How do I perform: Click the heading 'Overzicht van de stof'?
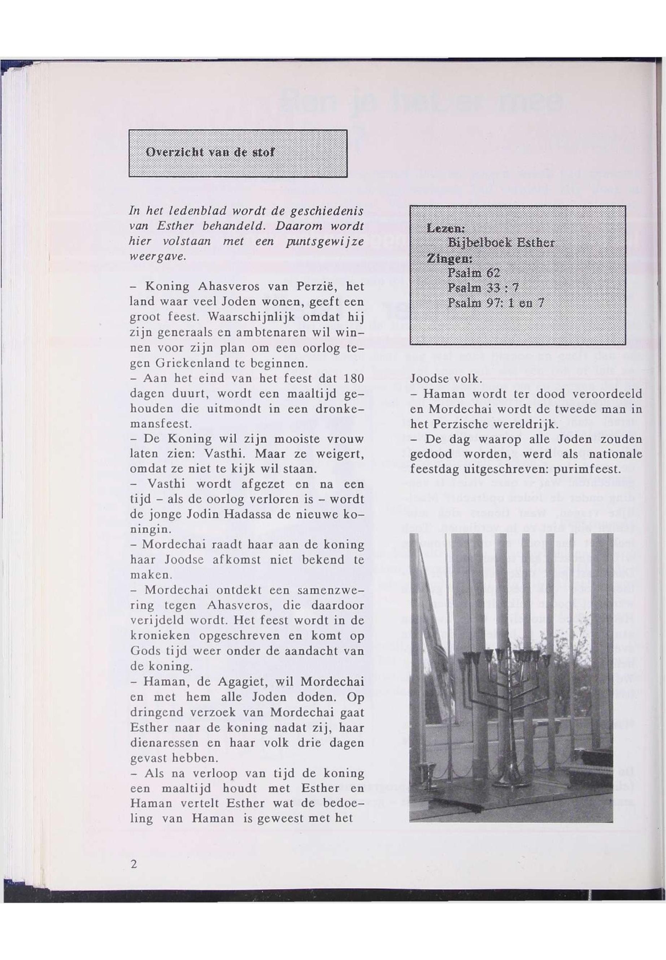(x=210, y=152)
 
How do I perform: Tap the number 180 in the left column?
(x=353, y=379)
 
